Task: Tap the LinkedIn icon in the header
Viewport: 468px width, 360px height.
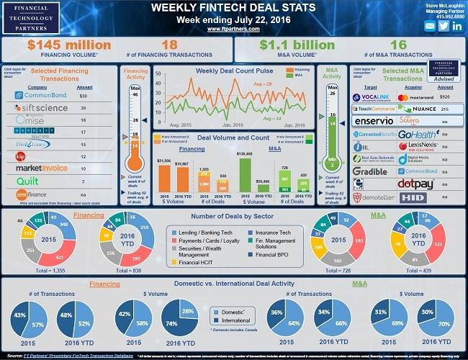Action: [444, 26]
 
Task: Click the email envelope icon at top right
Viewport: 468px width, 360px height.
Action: [430, 26]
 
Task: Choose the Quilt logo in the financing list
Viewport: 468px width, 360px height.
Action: [28, 181]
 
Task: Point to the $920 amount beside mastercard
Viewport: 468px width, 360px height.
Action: [446, 96]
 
